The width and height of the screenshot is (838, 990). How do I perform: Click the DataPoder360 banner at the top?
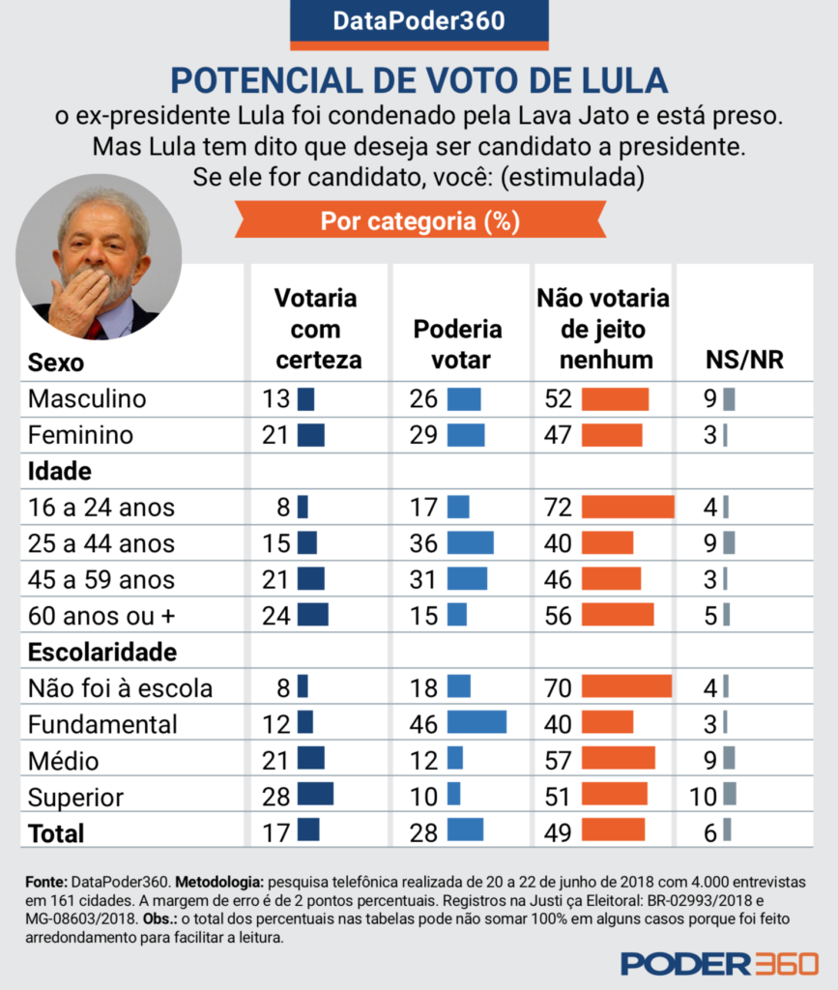419,20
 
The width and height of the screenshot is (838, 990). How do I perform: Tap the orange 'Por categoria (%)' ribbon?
419,221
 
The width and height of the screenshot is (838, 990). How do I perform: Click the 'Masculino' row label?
87,398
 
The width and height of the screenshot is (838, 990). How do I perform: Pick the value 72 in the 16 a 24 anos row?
558,507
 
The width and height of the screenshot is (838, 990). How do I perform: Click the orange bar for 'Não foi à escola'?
626,687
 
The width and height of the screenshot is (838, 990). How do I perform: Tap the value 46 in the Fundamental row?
423,723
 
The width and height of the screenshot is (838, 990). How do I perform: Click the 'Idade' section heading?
60,471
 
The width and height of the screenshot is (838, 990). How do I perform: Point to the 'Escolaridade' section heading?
102,652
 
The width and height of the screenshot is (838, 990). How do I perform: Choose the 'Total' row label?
56,832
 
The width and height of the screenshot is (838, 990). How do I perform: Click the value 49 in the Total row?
558,831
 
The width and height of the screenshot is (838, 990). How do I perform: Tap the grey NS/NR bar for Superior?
729,796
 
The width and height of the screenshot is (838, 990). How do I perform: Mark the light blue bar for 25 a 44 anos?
470,542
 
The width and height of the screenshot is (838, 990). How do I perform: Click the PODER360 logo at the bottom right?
719,963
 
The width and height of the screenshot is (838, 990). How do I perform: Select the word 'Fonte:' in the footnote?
45,883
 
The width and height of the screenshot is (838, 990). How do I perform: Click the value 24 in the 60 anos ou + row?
275,615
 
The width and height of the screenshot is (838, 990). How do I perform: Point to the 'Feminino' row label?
81,435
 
